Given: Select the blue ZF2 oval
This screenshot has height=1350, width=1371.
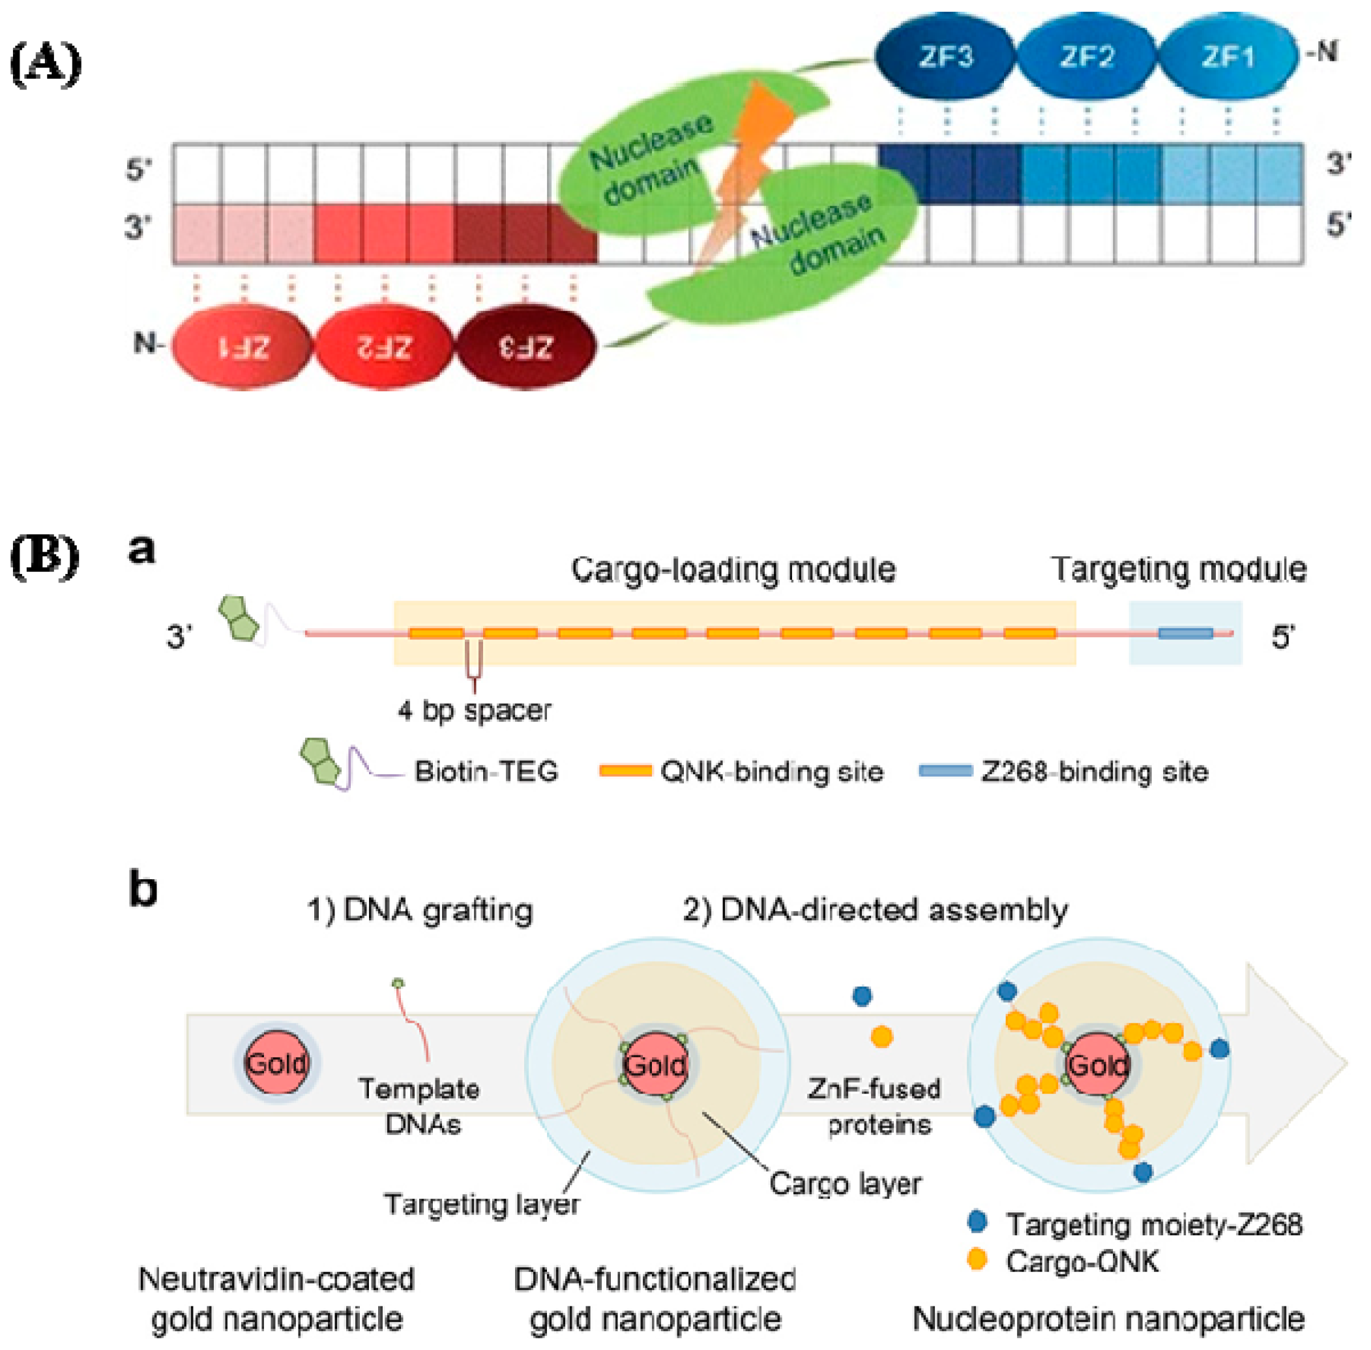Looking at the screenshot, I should click(x=1086, y=57).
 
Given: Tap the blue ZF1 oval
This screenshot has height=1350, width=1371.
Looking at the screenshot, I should click(x=1227, y=57).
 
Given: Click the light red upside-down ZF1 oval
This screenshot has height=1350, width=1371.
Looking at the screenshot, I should click(x=243, y=347).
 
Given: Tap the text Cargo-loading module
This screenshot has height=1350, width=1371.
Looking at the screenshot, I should click(x=733, y=569).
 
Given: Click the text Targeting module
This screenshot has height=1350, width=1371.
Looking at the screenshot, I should click(x=1178, y=569).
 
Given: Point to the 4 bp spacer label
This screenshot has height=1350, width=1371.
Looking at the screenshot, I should click(x=474, y=710).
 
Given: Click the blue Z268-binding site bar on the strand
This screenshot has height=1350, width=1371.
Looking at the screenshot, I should click(x=1185, y=633).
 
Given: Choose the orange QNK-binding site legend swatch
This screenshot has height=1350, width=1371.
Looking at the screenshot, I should click(x=625, y=770).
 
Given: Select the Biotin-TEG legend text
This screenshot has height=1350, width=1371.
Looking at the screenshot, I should click(x=486, y=771).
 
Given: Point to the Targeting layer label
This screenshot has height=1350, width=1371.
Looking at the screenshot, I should click(x=481, y=1204).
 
